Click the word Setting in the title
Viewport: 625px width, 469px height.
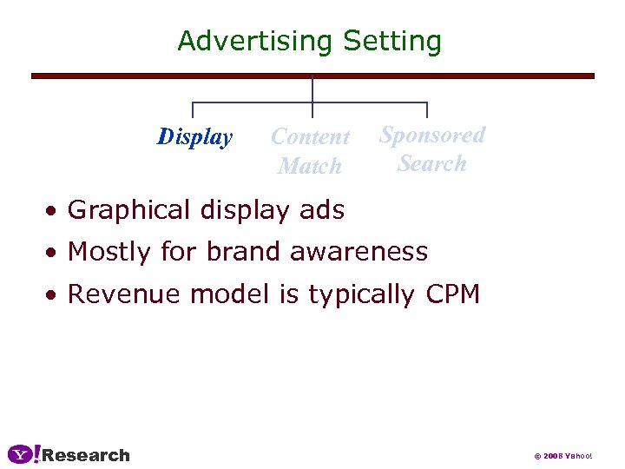[x=392, y=41]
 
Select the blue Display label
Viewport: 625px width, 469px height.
[x=195, y=137]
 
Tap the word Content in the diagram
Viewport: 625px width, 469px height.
[x=310, y=136]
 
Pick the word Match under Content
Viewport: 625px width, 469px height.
[x=309, y=165]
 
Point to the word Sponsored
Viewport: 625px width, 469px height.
[x=432, y=135]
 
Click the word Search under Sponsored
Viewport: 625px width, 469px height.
[x=432, y=163]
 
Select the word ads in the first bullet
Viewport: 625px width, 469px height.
[x=322, y=210]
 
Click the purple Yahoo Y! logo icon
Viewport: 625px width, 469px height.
[x=23, y=454]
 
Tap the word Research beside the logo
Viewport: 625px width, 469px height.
[x=86, y=455]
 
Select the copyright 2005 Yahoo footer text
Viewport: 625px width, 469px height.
[x=562, y=456]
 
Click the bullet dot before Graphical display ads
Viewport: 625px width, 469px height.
[x=54, y=211]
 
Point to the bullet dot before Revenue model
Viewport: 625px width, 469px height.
[x=54, y=295]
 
